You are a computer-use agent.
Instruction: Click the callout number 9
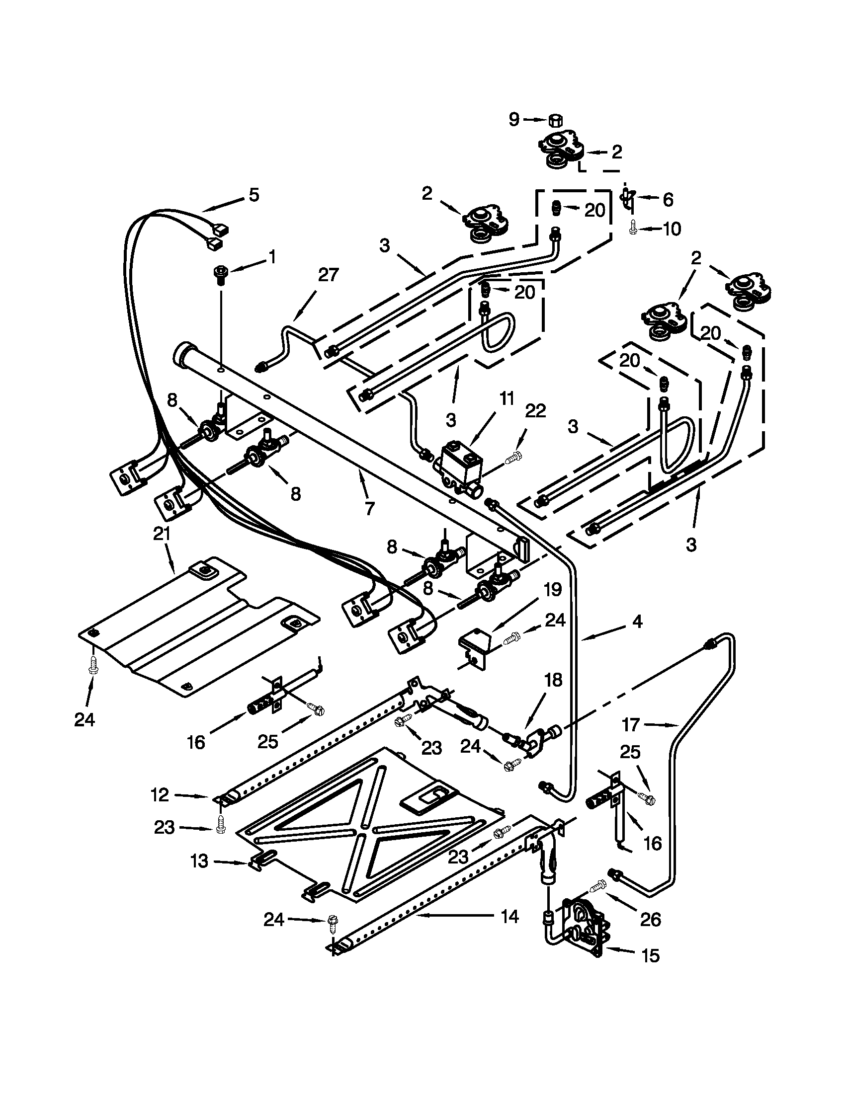pyautogui.click(x=514, y=120)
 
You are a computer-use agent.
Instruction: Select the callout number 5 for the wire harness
pyautogui.click(x=254, y=195)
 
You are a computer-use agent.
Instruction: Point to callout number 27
pyautogui.click(x=329, y=275)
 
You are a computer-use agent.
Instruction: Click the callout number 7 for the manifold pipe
pyautogui.click(x=369, y=508)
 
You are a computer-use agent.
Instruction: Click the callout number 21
pyautogui.click(x=162, y=534)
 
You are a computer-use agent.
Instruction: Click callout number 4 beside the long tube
pyautogui.click(x=637, y=622)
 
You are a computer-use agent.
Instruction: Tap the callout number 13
pyautogui.click(x=199, y=861)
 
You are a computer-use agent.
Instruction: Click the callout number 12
pyautogui.click(x=160, y=795)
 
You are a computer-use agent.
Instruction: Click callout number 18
pyautogui.click(x=553, y=680)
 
